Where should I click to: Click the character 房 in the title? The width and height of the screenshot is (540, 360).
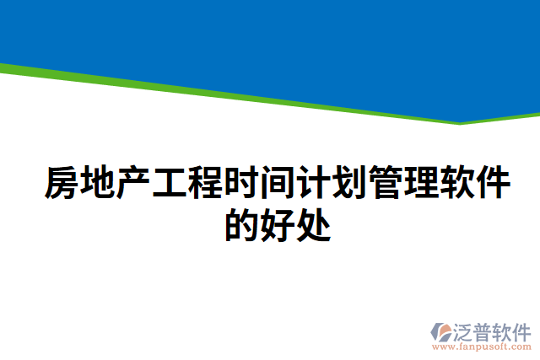[61, 184]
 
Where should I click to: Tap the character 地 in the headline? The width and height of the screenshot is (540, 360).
[97, 184]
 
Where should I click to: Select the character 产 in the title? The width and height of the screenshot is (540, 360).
[133, 184]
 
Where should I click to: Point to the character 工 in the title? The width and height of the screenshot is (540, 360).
[170, 184]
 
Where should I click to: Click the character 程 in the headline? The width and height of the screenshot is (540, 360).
[206, 184]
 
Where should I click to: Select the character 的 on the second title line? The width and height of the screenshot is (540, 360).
[242, 223]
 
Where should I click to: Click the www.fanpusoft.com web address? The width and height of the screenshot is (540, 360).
[482, 346]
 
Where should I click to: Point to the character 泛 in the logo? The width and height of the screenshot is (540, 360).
[468, 329]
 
